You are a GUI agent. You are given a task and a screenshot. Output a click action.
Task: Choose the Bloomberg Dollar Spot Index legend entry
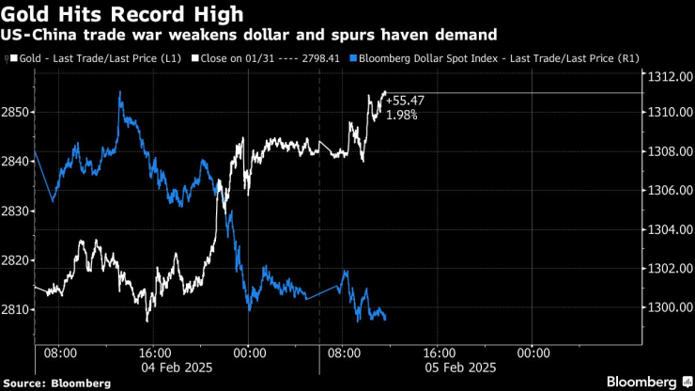(494, 58)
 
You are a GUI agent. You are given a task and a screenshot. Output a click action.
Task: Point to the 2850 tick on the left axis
(17, 112)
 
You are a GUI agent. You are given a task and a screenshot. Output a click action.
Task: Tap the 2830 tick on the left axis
(17, 211)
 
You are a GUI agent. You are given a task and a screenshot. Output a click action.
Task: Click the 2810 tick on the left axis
(17, 309)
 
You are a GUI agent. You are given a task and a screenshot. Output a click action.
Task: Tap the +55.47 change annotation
(406, 101)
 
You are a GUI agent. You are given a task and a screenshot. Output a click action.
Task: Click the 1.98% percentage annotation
(402, 115)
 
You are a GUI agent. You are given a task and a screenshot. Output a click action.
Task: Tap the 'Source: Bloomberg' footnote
(56, 383)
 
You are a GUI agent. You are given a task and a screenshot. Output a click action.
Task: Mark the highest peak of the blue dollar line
(120, 92)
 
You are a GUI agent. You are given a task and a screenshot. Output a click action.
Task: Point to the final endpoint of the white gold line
(385, 92)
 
